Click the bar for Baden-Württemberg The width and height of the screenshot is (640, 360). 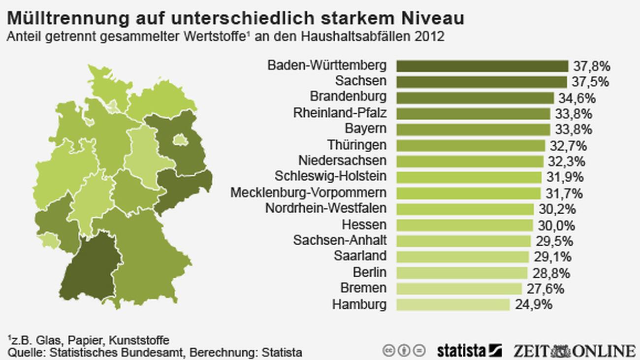(x=482, y=66)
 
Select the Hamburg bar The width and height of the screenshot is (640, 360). (x=452, y=304)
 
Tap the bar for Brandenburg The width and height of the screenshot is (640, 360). (x=475, y=98)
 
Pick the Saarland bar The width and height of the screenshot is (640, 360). (x=462, y=257)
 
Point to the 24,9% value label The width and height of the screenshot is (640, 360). (x=534, y=304)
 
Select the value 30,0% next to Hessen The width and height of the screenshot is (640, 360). (x=557, y=225)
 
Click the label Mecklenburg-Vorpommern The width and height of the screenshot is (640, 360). (x=308, y=193)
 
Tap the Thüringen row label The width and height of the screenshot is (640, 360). (x=357, y=145)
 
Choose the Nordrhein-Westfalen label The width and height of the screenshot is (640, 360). (x=326, y=208)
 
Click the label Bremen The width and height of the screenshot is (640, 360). (x=363, y=288)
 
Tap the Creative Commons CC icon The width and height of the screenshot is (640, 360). (x=389, y=351)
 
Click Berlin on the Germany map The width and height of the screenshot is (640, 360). (x=180, y=140)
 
